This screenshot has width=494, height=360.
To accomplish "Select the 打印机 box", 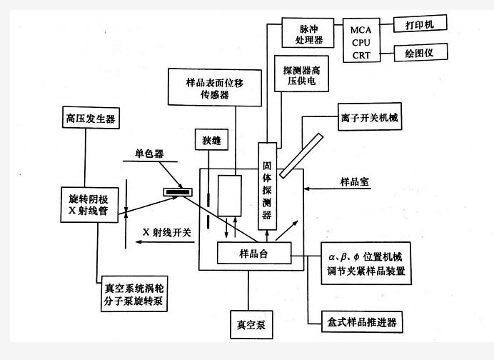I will (x=420, y=24).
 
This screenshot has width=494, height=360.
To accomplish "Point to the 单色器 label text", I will (x=148, y=153).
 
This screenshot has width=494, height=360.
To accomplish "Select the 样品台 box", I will (x=255, y=253).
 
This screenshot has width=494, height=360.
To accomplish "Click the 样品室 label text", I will (x=357, y=182).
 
